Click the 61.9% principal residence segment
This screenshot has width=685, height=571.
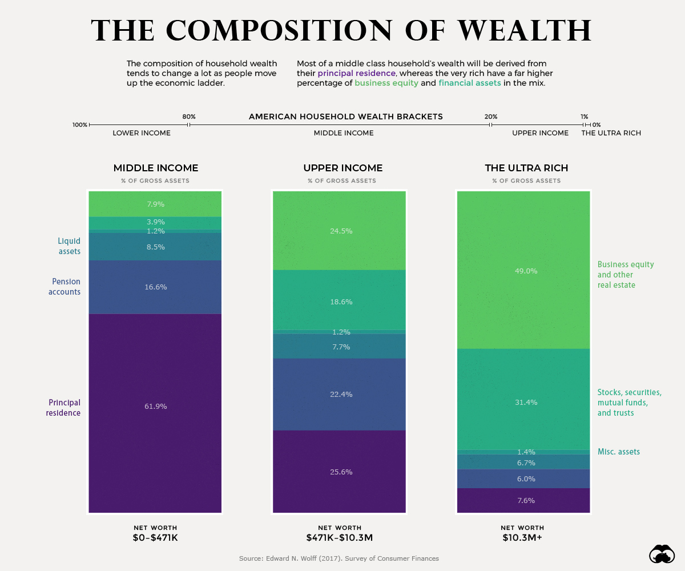(x=155, y=407)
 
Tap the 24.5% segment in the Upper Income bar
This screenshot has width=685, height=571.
(x=340, y=231)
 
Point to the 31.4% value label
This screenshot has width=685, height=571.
(x=526, y=403)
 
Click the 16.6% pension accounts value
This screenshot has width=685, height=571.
(x=155, y=287)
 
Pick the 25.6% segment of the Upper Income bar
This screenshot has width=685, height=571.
(x=340, y=472)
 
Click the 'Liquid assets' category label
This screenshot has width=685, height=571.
(x=69, y=246)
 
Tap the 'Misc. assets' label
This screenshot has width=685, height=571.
(x=619, y=452)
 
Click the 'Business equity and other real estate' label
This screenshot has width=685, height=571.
(x=626, y=275)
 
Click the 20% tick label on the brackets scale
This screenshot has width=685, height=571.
(x=490, y=117)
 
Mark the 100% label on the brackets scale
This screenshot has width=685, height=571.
(x=80, y=124)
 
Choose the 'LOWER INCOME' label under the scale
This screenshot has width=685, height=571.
(x=142, y=133)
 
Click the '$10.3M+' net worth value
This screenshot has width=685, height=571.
(x=522, y=538)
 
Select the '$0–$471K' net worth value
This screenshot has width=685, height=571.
(x=155, y=538)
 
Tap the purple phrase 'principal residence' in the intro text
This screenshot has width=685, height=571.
(x=356, y=74)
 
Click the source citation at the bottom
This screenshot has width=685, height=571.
(x=339, y=558)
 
